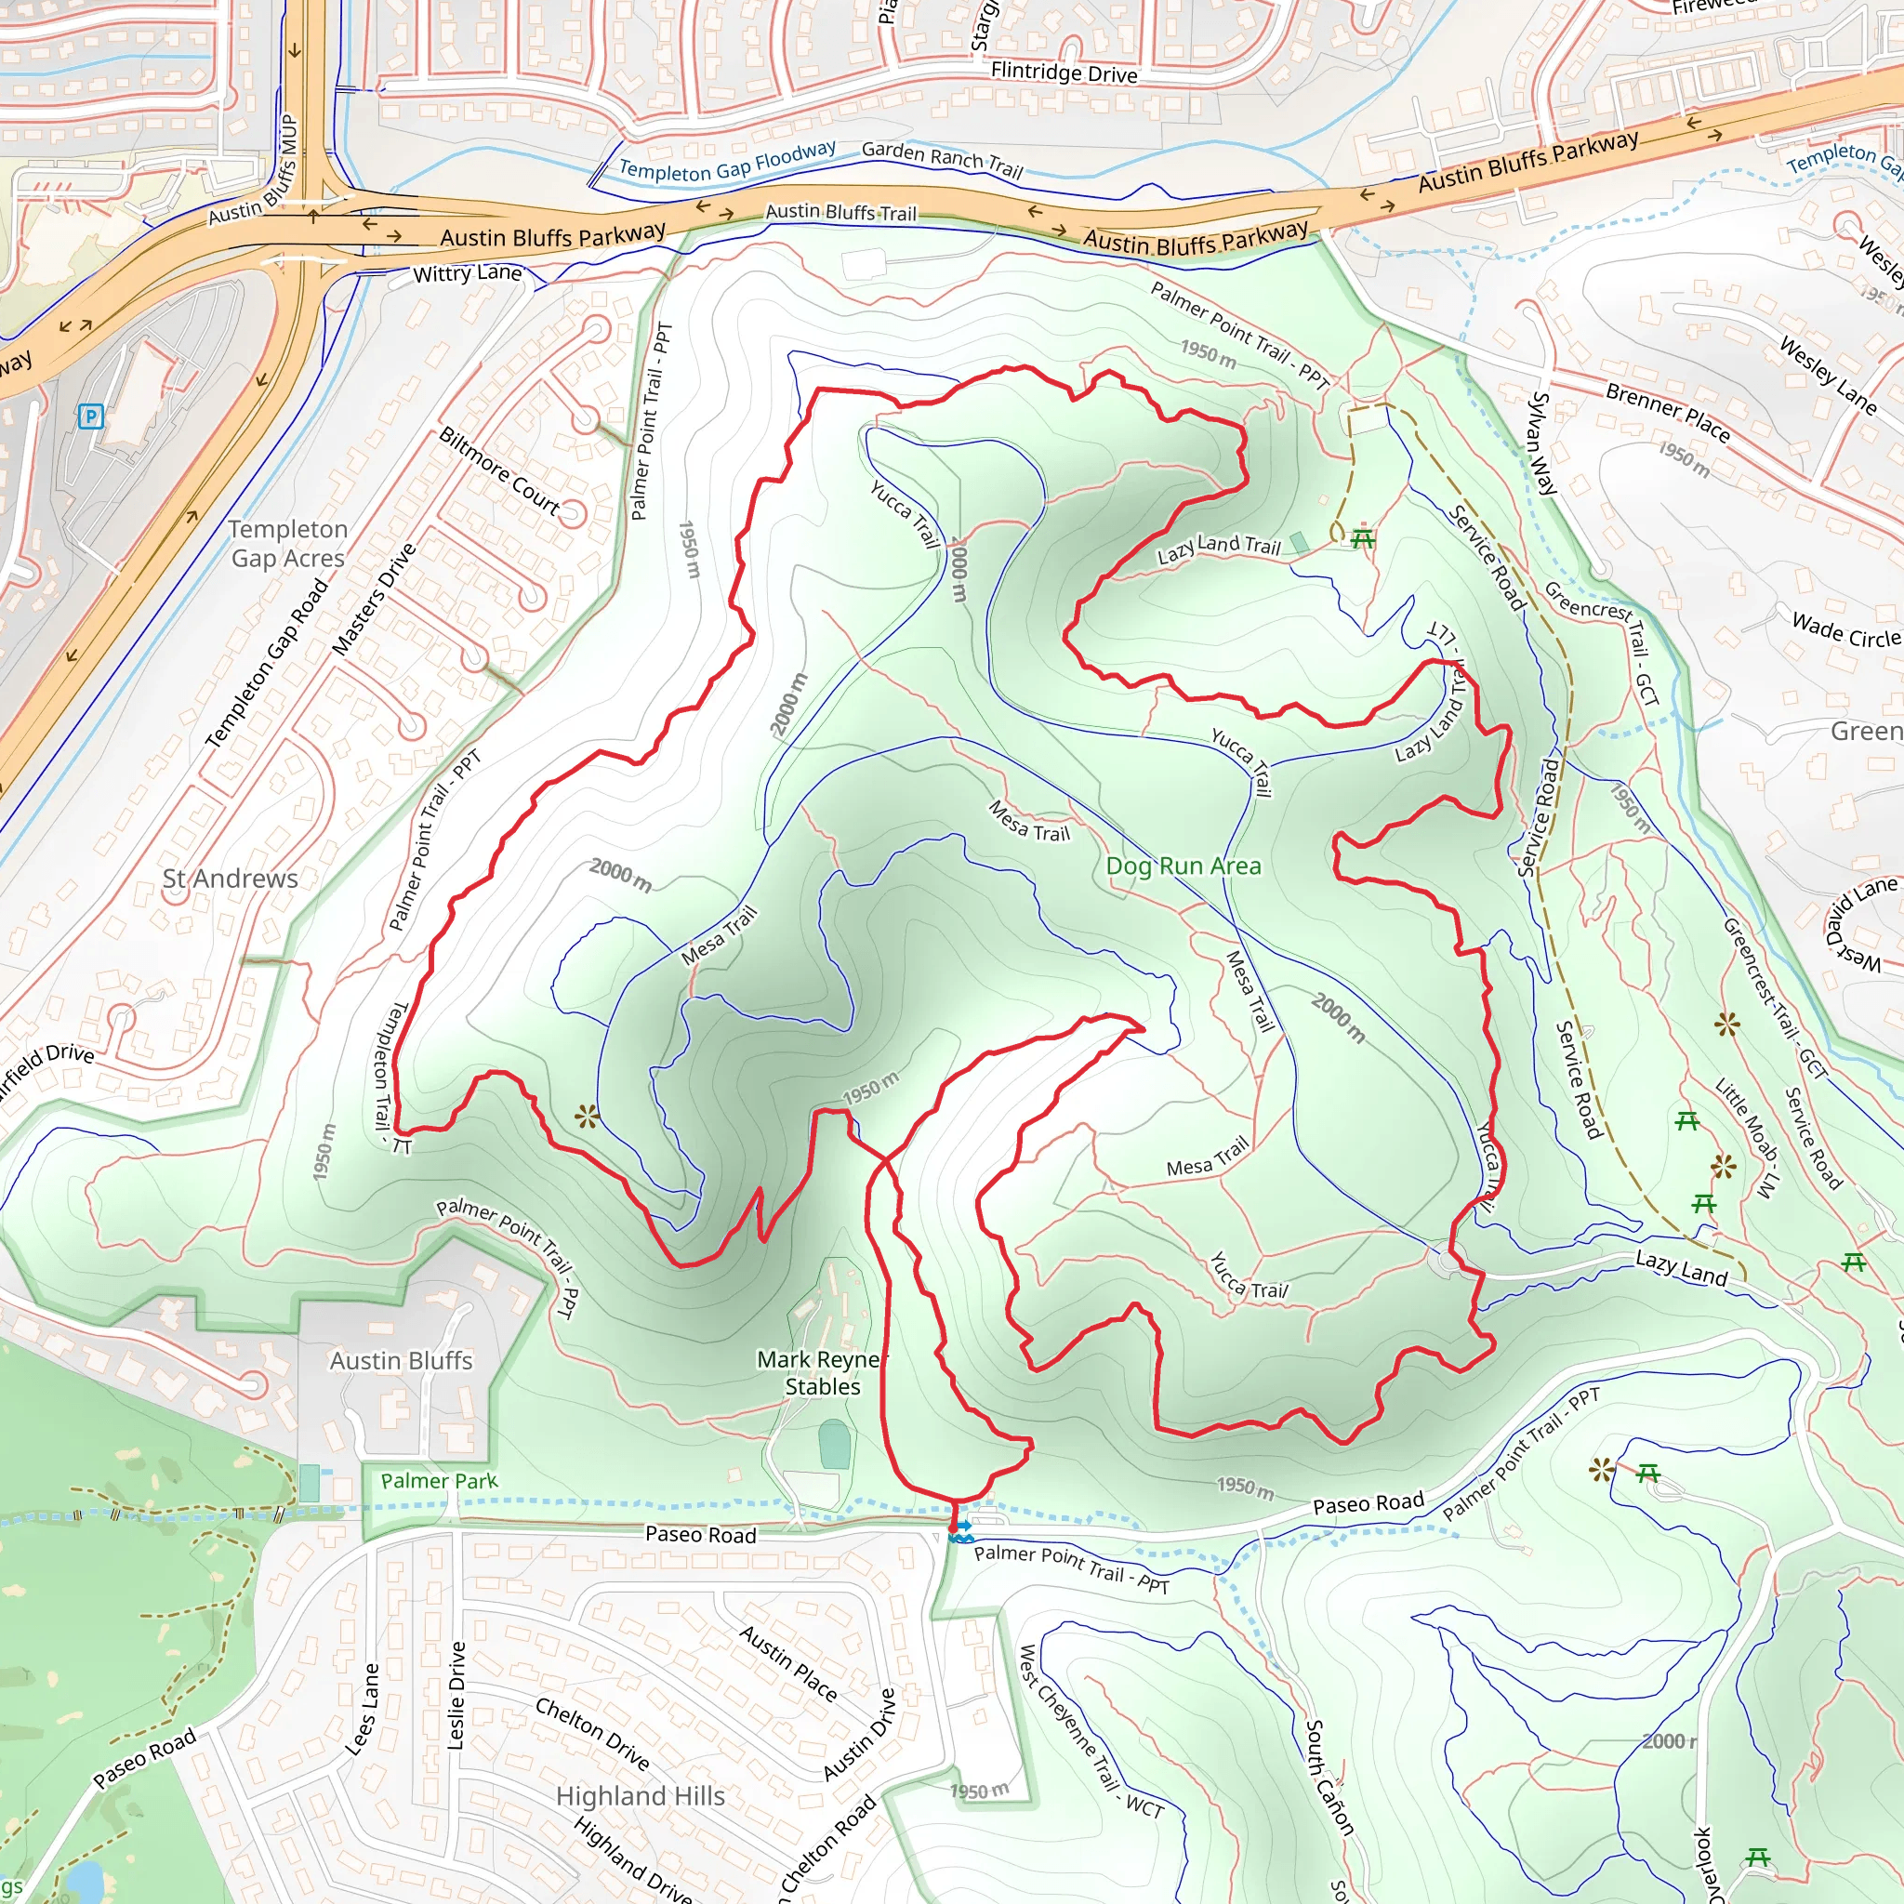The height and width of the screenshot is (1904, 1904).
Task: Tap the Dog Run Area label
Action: [x=1183, y=866]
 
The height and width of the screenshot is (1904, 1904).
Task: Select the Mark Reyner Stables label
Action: [x=822, y=1373]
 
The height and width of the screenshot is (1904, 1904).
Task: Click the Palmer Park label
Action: [x=440, y=1480]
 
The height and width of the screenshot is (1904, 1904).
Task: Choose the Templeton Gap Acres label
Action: [x=288, y=544]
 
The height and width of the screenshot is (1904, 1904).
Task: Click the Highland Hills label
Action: [x=640, y=1795]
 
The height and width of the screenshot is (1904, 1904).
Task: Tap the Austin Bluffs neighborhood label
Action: [x=401, y=1360]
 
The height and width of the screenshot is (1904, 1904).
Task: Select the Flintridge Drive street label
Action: [x=1064, y=72]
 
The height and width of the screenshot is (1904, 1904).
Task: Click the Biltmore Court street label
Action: [x=499, y=472]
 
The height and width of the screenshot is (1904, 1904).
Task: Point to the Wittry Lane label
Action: [x=467, y=273]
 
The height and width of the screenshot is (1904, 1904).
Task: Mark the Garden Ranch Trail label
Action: [x=942, y=159]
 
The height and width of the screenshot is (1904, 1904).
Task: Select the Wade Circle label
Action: [x=1844, y=630]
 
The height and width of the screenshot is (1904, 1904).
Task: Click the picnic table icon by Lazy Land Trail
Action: [x=1363, y=538]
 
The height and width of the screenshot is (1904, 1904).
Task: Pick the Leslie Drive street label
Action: [x=456, y=1695]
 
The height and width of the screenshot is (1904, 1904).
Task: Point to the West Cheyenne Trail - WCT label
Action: [x=1089, y=1729]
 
